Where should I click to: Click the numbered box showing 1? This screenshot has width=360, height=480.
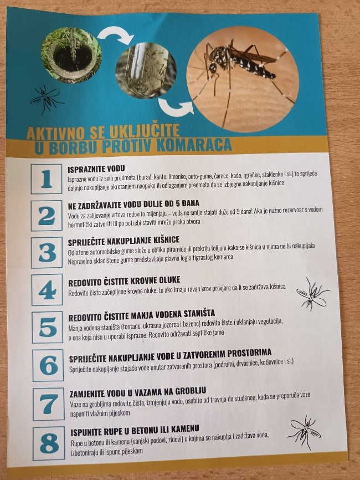[46, 179]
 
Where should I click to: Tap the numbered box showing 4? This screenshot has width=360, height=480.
[47, 289]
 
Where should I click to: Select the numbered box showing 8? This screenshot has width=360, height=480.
[49, 443]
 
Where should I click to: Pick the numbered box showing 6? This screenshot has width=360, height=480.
[48, 365]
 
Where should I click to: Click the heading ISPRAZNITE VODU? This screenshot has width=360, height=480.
[96, 168]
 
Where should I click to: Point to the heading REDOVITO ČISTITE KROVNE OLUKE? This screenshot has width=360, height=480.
[124, 281]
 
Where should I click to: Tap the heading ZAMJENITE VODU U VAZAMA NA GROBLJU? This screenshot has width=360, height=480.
[138, 392]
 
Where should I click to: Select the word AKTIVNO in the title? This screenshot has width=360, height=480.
[55, 133]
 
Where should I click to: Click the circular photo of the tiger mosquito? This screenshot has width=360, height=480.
[242, 79]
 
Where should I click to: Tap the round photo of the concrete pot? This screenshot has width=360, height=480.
[71, 55]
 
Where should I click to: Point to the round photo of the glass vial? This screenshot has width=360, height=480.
[146, 70]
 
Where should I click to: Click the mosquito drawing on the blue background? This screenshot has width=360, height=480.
[47, 99]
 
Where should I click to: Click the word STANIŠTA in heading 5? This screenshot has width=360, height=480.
[199, 314]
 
